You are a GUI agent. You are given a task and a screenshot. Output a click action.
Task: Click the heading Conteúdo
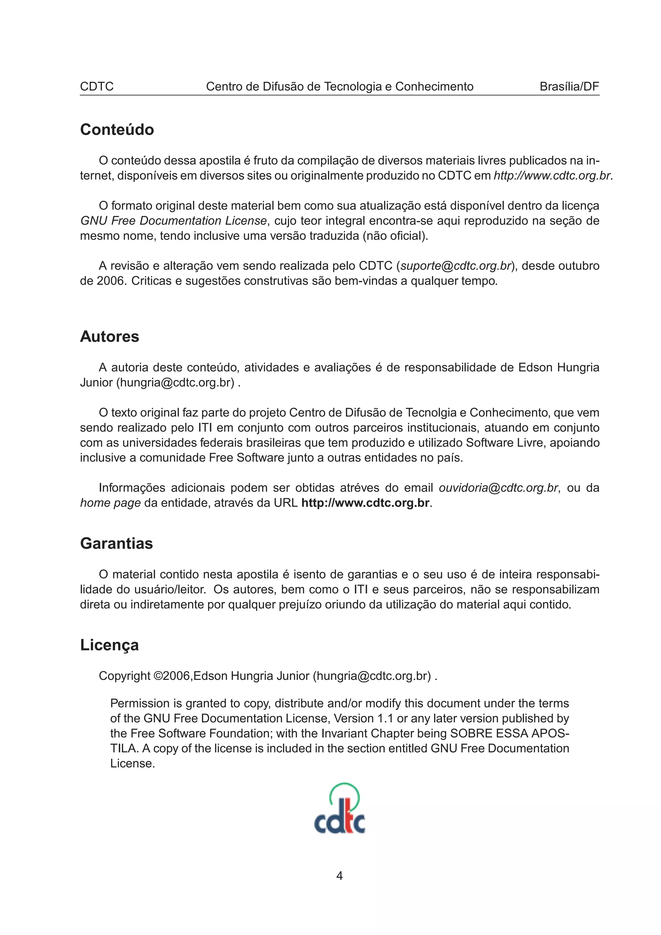click(x=117, y=130)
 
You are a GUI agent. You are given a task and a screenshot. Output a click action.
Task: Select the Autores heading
click(x=109, y=337)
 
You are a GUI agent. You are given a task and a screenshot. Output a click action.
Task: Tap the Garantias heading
click(x=116, y=544)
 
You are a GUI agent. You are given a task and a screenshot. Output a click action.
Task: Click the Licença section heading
click(x=109, y=645)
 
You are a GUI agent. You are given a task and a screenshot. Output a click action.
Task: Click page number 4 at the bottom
click(x=339, y=876)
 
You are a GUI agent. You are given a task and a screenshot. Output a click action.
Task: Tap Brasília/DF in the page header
click(x=569, y=86)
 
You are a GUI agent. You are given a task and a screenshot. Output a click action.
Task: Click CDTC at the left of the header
click(x=97, y=86)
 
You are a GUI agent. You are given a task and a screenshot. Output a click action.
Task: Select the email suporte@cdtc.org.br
click(x=456, y=266)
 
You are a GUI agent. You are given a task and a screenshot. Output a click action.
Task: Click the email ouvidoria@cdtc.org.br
click(x=498, y=488)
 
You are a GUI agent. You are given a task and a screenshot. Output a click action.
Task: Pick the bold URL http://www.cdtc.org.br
click(x=365, y=503)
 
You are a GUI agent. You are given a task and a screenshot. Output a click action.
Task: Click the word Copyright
click(x=124, y=676)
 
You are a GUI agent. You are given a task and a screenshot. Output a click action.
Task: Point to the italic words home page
click(x=110, y=503)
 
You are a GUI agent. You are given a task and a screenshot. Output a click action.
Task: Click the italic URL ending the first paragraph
click(x=552, y=176)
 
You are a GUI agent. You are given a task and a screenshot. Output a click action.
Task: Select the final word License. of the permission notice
click(x=132, y=764)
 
